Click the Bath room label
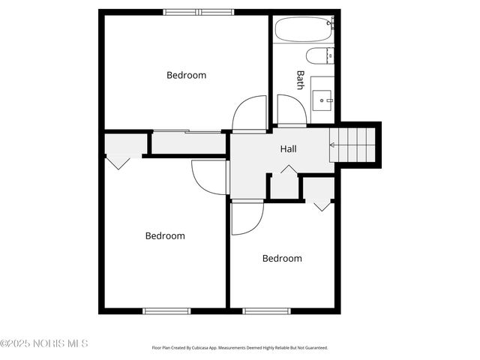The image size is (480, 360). coord(300,80)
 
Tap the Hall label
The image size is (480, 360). coord(289,149)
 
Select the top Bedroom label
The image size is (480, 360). coord(186,75)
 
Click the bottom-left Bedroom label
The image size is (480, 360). coord(165,235)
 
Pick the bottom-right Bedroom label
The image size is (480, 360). coord(282,259)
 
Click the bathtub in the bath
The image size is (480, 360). coord(303,31)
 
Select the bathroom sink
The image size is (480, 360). coord(323,95)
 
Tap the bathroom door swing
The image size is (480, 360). coord(290,111)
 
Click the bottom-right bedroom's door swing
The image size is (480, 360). coord(246,217)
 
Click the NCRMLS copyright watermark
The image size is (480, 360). coord(44,343)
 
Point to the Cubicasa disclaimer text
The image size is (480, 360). coord(240,348)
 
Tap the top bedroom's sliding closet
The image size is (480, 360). coord(189,142)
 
